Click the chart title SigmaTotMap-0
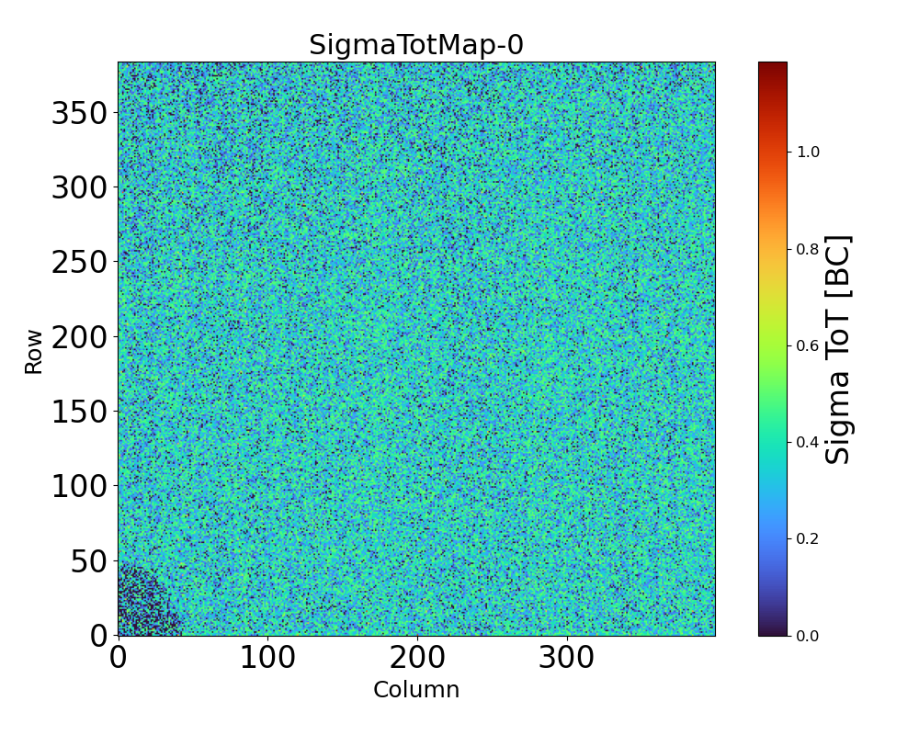415,45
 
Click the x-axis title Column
415,690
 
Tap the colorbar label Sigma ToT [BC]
838,349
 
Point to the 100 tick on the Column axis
267,658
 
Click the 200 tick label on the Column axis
417,658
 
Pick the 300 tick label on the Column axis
567,658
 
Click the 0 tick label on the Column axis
119,658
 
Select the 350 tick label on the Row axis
79,115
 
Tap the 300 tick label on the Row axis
79,189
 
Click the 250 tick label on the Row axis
79,264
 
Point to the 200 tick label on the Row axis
79,338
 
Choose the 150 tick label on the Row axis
79,413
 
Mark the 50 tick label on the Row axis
89,561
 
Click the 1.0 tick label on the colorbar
808,152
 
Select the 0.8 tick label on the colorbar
808,248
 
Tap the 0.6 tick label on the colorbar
808,345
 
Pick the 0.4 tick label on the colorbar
808,442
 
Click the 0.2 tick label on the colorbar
808,538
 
